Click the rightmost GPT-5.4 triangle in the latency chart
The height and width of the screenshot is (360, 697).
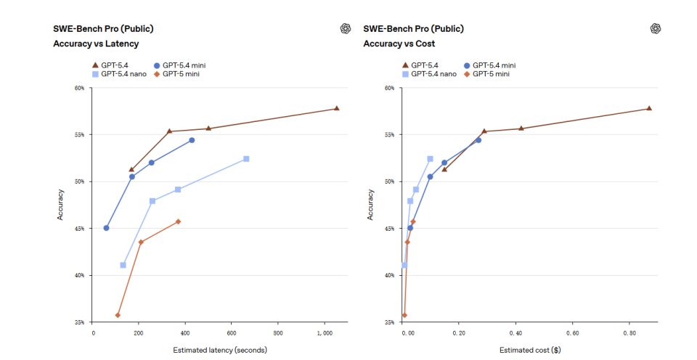336,108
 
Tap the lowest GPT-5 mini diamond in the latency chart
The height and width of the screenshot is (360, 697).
118,315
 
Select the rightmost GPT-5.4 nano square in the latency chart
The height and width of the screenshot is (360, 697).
246,158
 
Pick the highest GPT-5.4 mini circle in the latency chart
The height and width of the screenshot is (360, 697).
192,140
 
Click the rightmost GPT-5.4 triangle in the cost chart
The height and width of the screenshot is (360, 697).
648,108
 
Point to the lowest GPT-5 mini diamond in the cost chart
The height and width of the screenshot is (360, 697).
404,315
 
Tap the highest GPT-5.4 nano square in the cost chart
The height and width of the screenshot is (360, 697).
430,158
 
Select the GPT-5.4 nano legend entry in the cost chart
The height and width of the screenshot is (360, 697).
431,74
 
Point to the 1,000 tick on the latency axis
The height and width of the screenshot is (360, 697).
325,333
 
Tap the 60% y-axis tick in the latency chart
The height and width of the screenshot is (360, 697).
80,88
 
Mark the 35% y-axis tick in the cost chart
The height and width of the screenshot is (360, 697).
389,322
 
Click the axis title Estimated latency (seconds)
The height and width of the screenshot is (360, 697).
219,350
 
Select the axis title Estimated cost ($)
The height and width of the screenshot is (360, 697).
529,350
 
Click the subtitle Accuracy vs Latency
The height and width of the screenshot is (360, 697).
96,44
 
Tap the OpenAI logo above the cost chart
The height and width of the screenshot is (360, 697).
656,28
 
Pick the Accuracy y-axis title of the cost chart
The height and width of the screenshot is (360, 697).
370,205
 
